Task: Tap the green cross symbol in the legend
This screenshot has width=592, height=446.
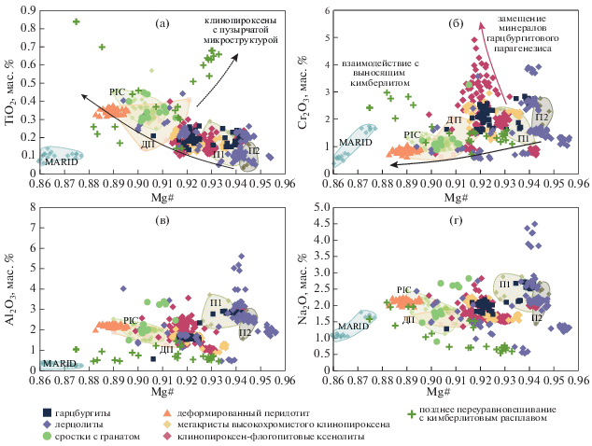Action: pos(408,411)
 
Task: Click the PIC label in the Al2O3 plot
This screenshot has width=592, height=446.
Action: pos(131,320)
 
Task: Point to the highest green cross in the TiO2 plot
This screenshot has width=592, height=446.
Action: pos(77,21)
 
